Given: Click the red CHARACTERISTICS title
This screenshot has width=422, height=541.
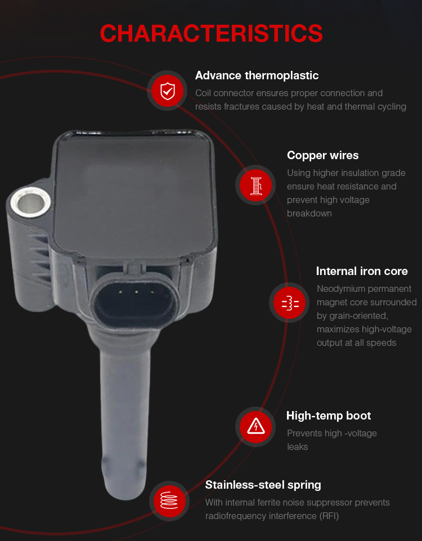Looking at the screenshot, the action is click(211, 34).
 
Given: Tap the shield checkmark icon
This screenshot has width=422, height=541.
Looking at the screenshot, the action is click(168, 91).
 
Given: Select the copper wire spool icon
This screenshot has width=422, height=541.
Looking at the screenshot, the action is click(256, 186).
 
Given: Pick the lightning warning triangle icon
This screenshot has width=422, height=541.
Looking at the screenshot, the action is click(256, 426).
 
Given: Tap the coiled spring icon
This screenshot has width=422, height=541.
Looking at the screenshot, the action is click(169, 501).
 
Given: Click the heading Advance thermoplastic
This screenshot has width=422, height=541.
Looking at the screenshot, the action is click(257, 75).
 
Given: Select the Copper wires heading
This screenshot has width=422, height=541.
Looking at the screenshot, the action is click(323, 155).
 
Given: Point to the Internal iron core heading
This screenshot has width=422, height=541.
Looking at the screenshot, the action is click(362, 271).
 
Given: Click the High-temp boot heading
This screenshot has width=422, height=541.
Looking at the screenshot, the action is click(329, 416).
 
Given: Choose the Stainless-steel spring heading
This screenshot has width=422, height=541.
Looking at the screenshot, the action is click(263, 485).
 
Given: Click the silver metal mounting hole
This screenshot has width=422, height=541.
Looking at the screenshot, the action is click(30, 202).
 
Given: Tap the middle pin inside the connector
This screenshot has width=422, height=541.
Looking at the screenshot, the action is click(136, 292).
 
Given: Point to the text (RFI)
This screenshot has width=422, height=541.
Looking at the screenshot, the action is click(329, 516).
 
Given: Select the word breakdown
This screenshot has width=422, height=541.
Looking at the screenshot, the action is click(309, 214).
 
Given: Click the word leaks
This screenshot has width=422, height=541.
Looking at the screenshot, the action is click(297, 447).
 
